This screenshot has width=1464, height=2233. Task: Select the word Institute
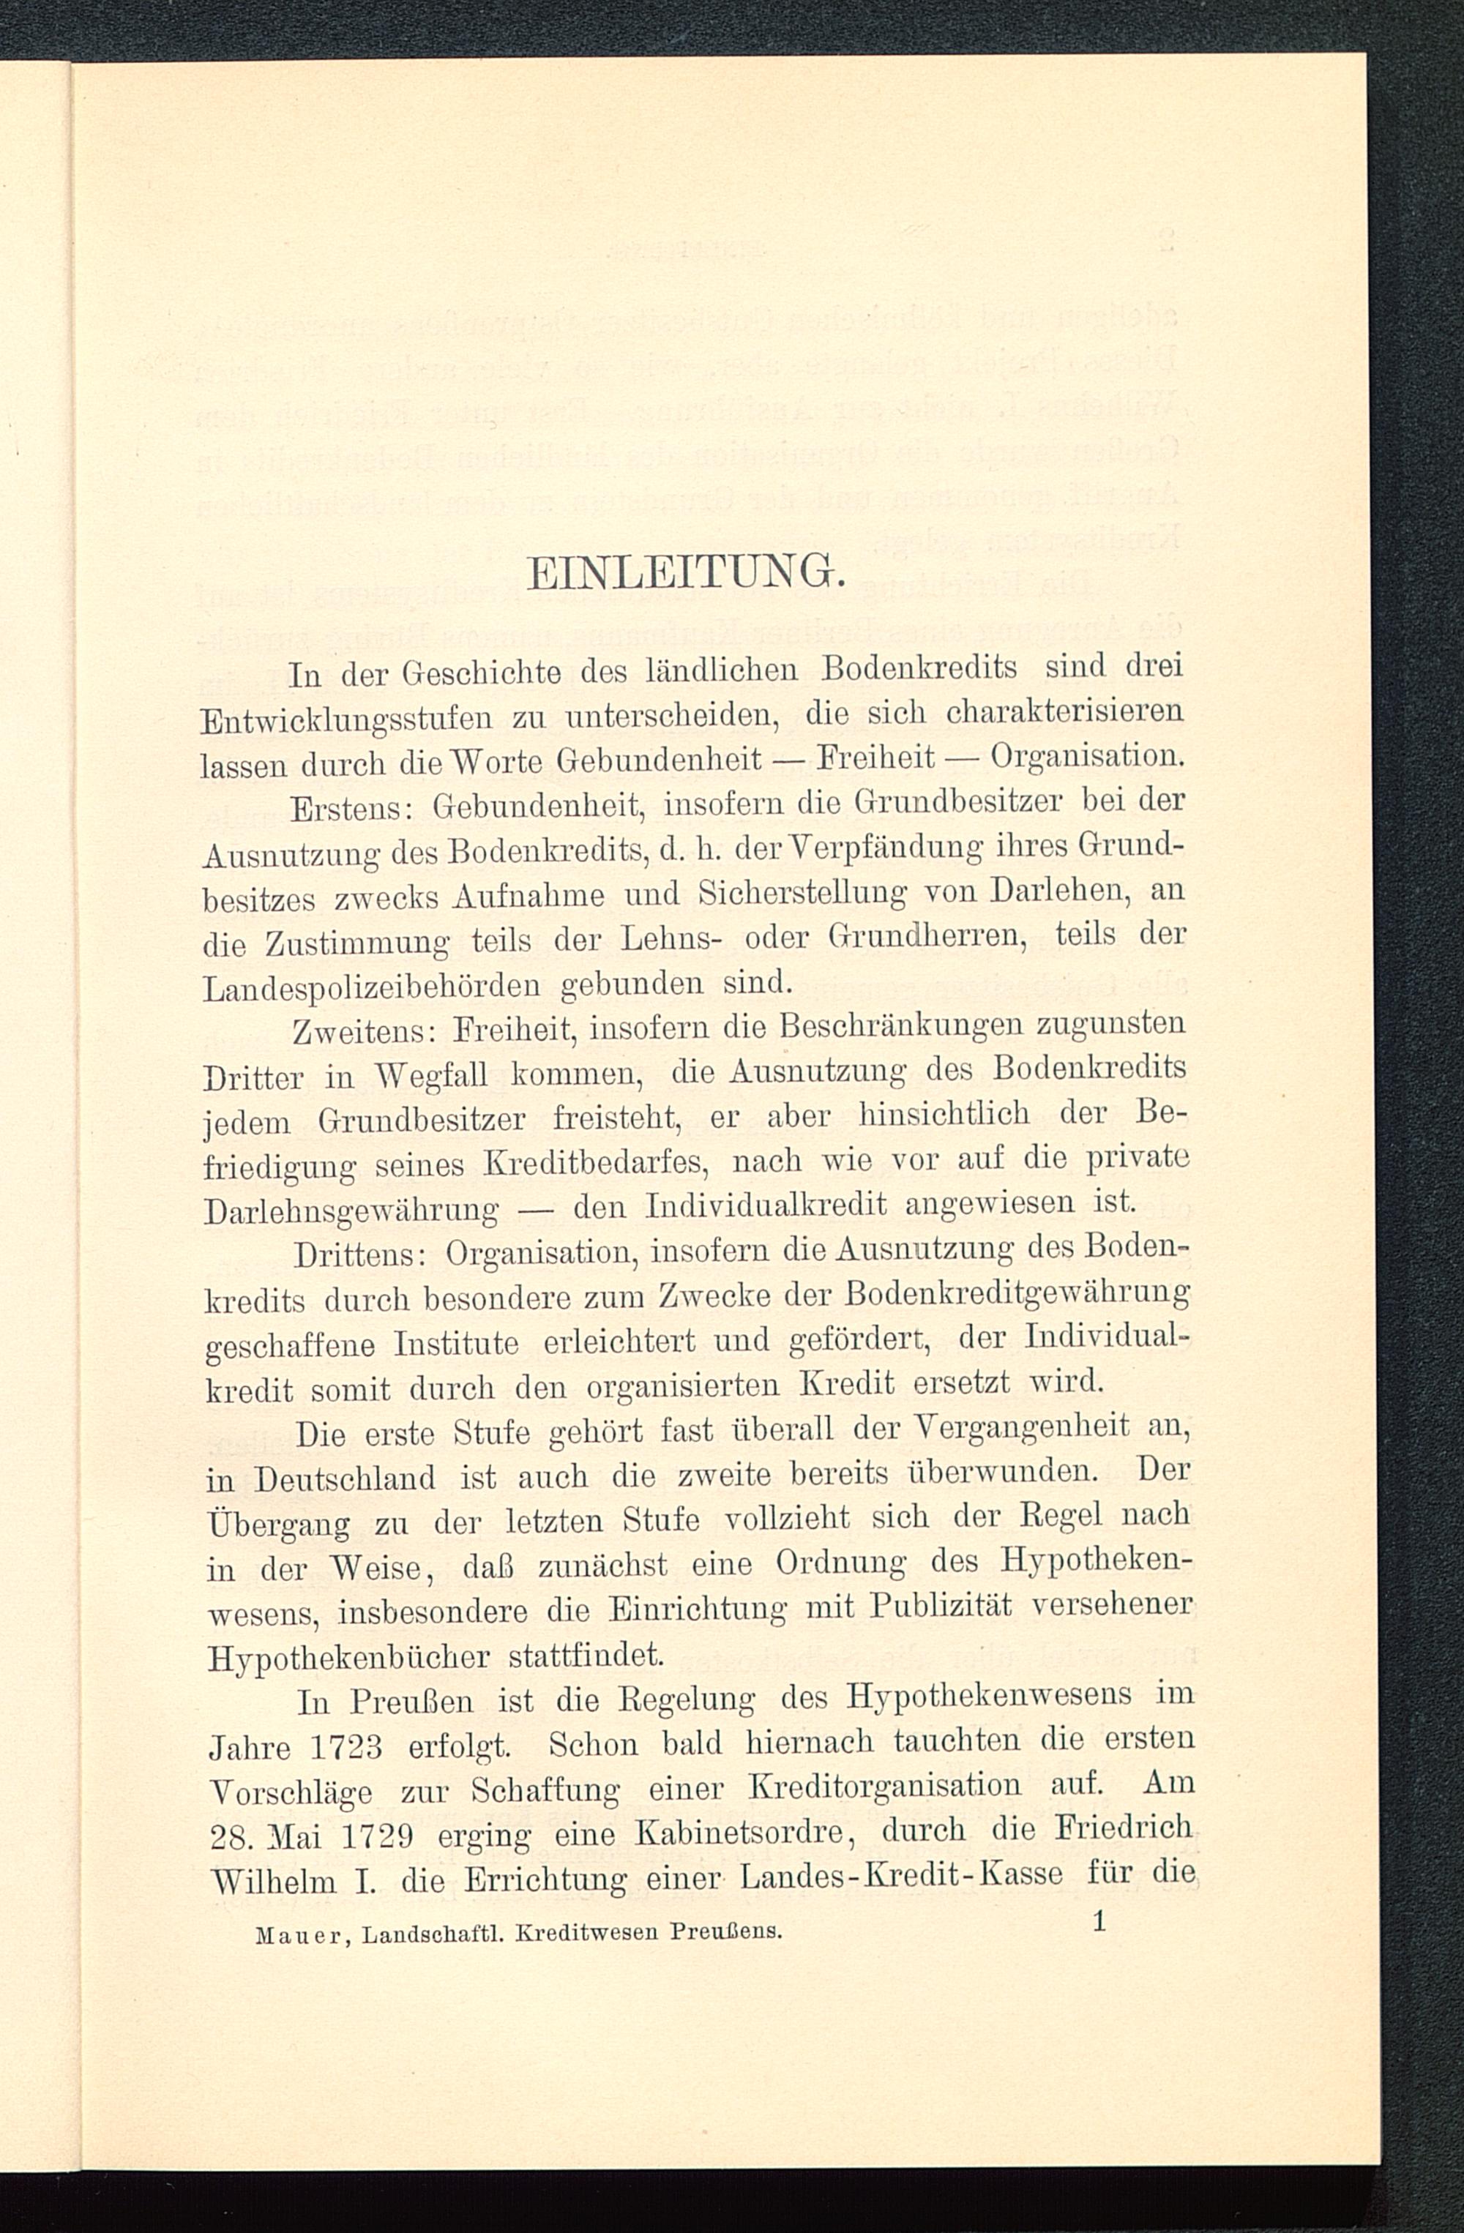tap(456, 1344)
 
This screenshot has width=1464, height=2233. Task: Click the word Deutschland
tap(346, 1478)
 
